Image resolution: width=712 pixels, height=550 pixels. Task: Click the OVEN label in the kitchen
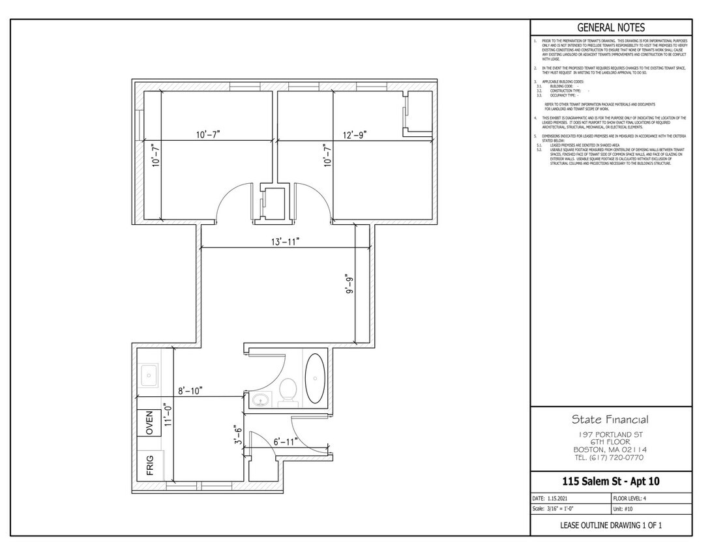(x=149, y=424)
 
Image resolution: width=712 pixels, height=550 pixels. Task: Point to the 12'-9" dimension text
(x=355, y=134)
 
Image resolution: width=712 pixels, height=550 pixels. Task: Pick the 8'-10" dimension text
(x=190, y=391)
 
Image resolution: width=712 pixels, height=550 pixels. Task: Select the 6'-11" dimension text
(x=286, y=442)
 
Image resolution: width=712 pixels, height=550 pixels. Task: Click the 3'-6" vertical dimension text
(x=239, y=435)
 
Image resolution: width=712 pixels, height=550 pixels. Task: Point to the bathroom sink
(x=260, y=399)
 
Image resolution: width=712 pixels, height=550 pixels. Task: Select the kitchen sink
(x=149, y=375)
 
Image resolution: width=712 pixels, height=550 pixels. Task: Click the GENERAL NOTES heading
(x=611, y=27)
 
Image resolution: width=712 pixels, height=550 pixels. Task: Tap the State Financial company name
(x=610, y=419)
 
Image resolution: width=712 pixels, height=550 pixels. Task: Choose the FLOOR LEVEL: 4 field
(x=629, y=498)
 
